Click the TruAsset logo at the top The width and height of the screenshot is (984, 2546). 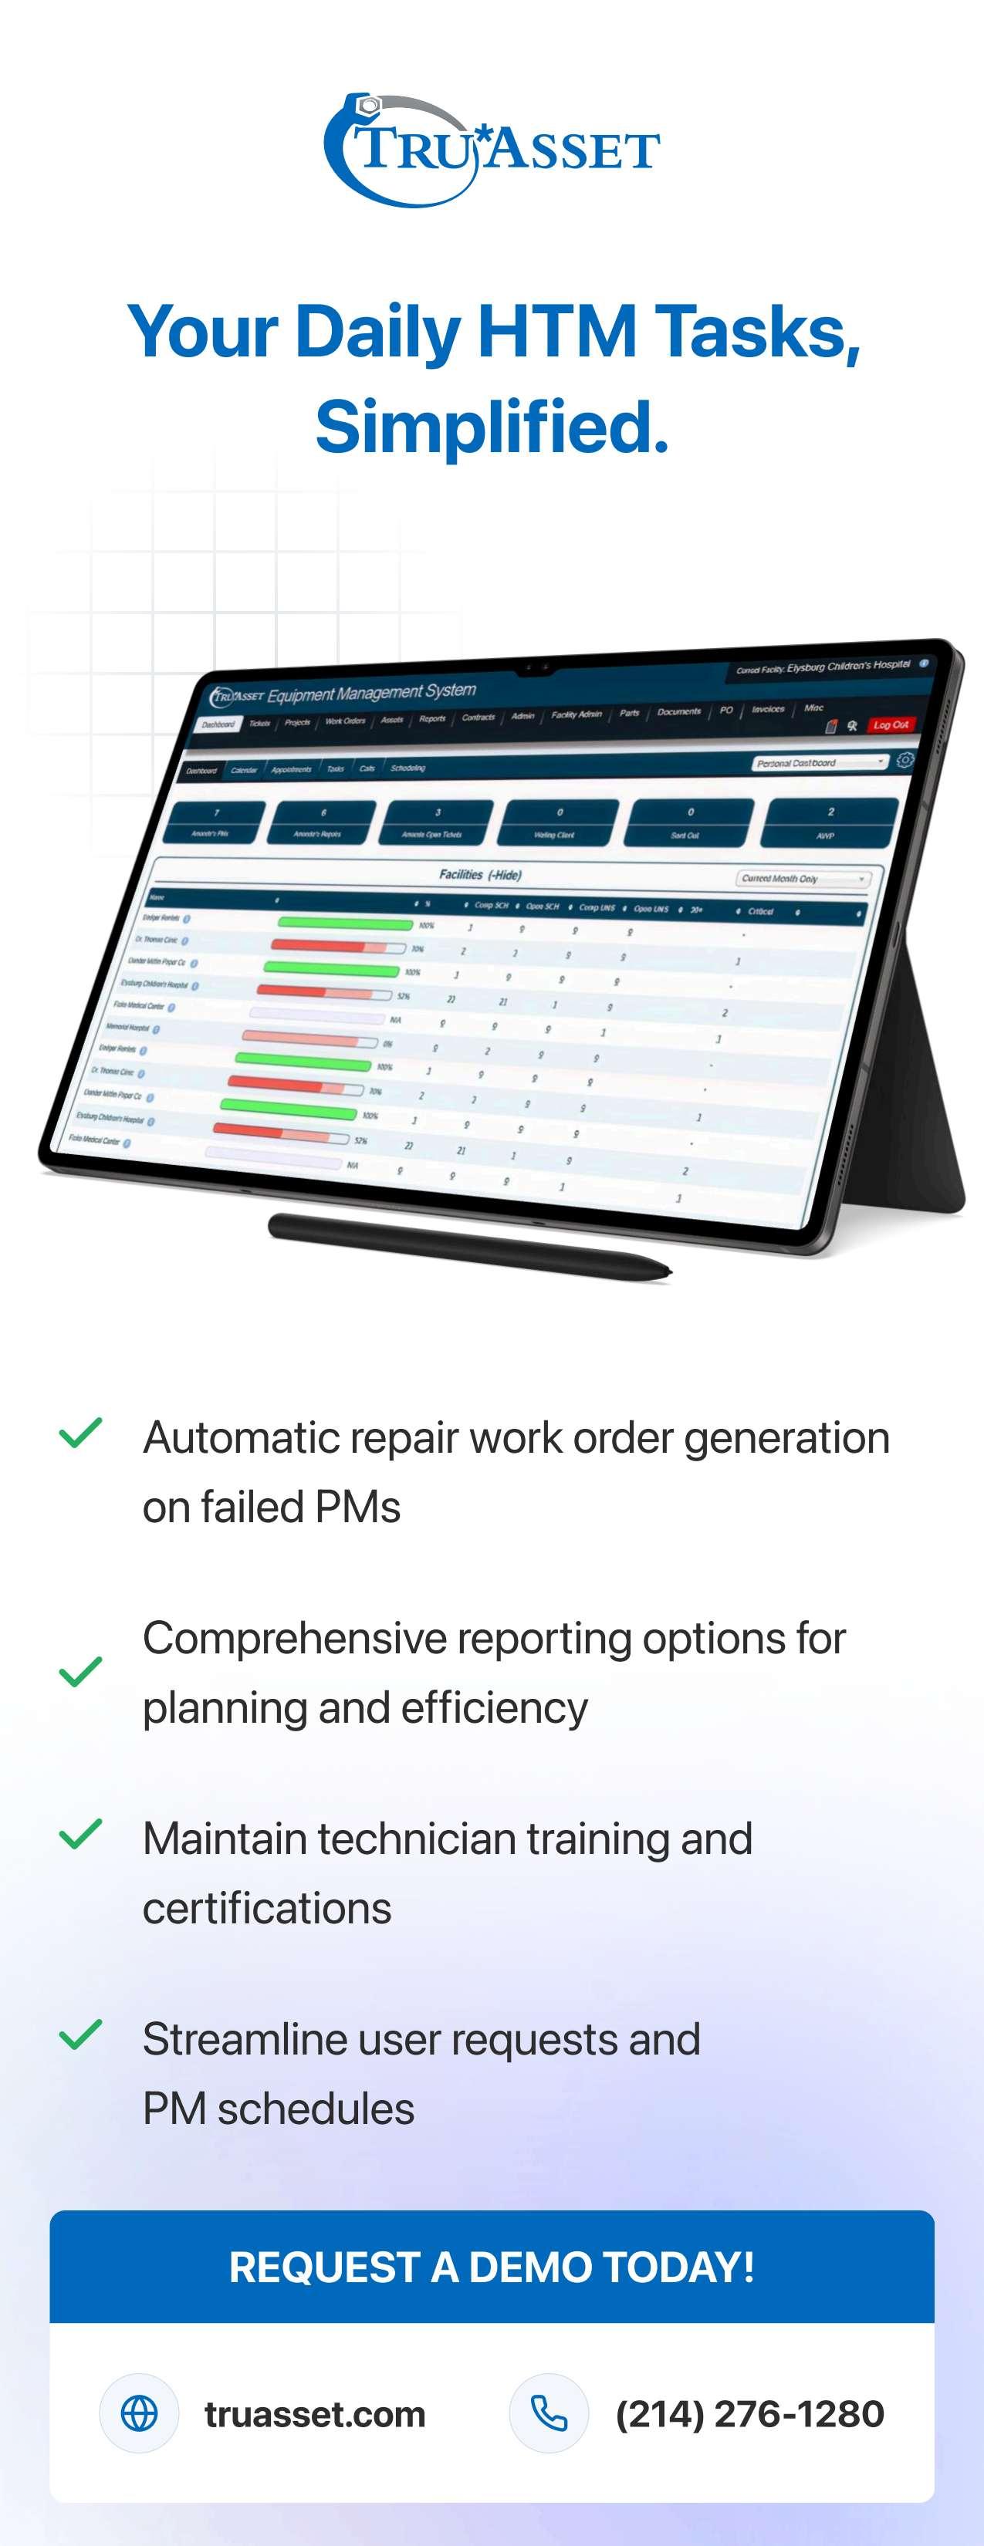492,150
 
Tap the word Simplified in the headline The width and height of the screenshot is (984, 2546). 492,428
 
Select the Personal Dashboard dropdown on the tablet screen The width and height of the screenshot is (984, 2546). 819,762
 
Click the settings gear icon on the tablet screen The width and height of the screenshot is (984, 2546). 905,759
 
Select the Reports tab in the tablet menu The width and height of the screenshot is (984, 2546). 432,718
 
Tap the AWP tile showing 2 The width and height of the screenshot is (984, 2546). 829,822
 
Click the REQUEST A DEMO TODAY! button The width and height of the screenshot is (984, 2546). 492,2266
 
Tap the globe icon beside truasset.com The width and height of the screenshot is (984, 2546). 138,2413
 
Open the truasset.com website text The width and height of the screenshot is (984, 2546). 314,2413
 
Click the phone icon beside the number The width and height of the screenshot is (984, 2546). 549,2413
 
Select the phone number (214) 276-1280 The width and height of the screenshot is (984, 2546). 749,2413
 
